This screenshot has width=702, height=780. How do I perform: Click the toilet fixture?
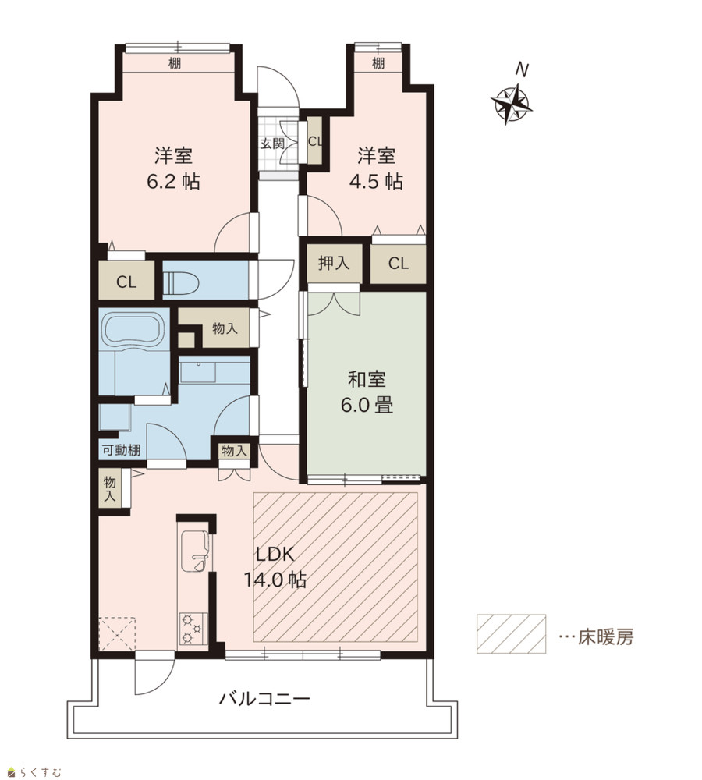pyautogui.click(x=181, y=284)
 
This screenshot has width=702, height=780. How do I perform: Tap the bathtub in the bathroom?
pyautogui.click(x=133, y=328)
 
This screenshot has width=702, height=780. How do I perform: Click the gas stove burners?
pyautogui.click(x=193, y=628)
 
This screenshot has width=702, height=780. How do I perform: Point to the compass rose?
pyautogui.click(x=512, y=105)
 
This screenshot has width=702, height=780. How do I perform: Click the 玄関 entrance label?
pyautogui.click(x=272, y=144)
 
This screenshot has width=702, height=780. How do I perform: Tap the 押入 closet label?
pyautogui.click(x=333, y=263)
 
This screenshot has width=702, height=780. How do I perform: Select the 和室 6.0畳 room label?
pyautogui.click(x=367, y=392)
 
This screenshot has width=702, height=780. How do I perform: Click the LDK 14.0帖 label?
pyautogui.click(x=275, y=567)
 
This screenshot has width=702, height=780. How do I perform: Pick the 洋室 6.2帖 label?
pyautogui.click(x=174, y=168)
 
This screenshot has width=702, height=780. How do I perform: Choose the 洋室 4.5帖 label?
pyautogui.click(x=376, y=168)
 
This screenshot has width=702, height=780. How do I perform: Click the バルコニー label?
pyautogui.click(x=264, y=699)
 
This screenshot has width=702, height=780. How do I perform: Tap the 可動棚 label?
pyautogui.click(x=122, y=450)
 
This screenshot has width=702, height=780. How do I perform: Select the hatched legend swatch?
pyautogui.click(x=511, y=633)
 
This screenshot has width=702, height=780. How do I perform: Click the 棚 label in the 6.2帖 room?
pyautogui.click(x=174, y=63)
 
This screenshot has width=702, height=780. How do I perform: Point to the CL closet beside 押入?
pyautogui.click(x=398, y=264)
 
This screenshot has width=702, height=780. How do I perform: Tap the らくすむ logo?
pyautogui.click(x=35, y=772)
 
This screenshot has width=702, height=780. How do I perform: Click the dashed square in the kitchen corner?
pyautogui.click(x=117, y=633)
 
